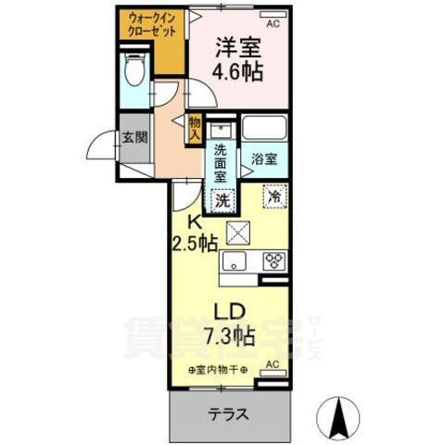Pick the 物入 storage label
point(194,127)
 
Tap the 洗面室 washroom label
point(221,161)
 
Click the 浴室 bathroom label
point(264,159)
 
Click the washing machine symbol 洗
point(224,198)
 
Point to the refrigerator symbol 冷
point(275,197)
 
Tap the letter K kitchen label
point(195,222)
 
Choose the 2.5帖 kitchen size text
point(194,244)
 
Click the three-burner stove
point(273,261)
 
